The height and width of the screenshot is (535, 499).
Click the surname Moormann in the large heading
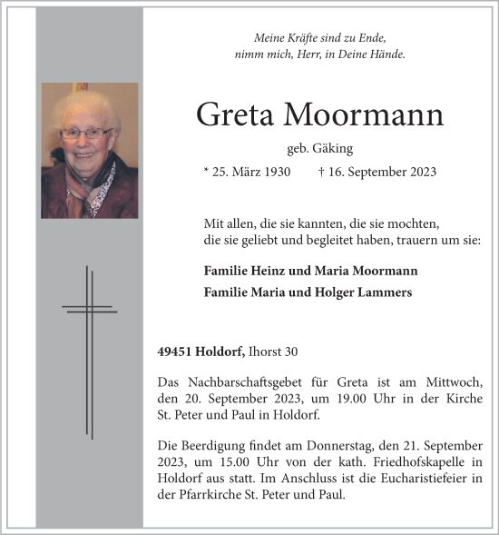(x=364, y=115)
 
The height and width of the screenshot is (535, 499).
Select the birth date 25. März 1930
(x=248, y=172)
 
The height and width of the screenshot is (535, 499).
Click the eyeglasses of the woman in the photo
(x=86, y=134)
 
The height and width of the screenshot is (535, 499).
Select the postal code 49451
(x=174, y=352)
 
